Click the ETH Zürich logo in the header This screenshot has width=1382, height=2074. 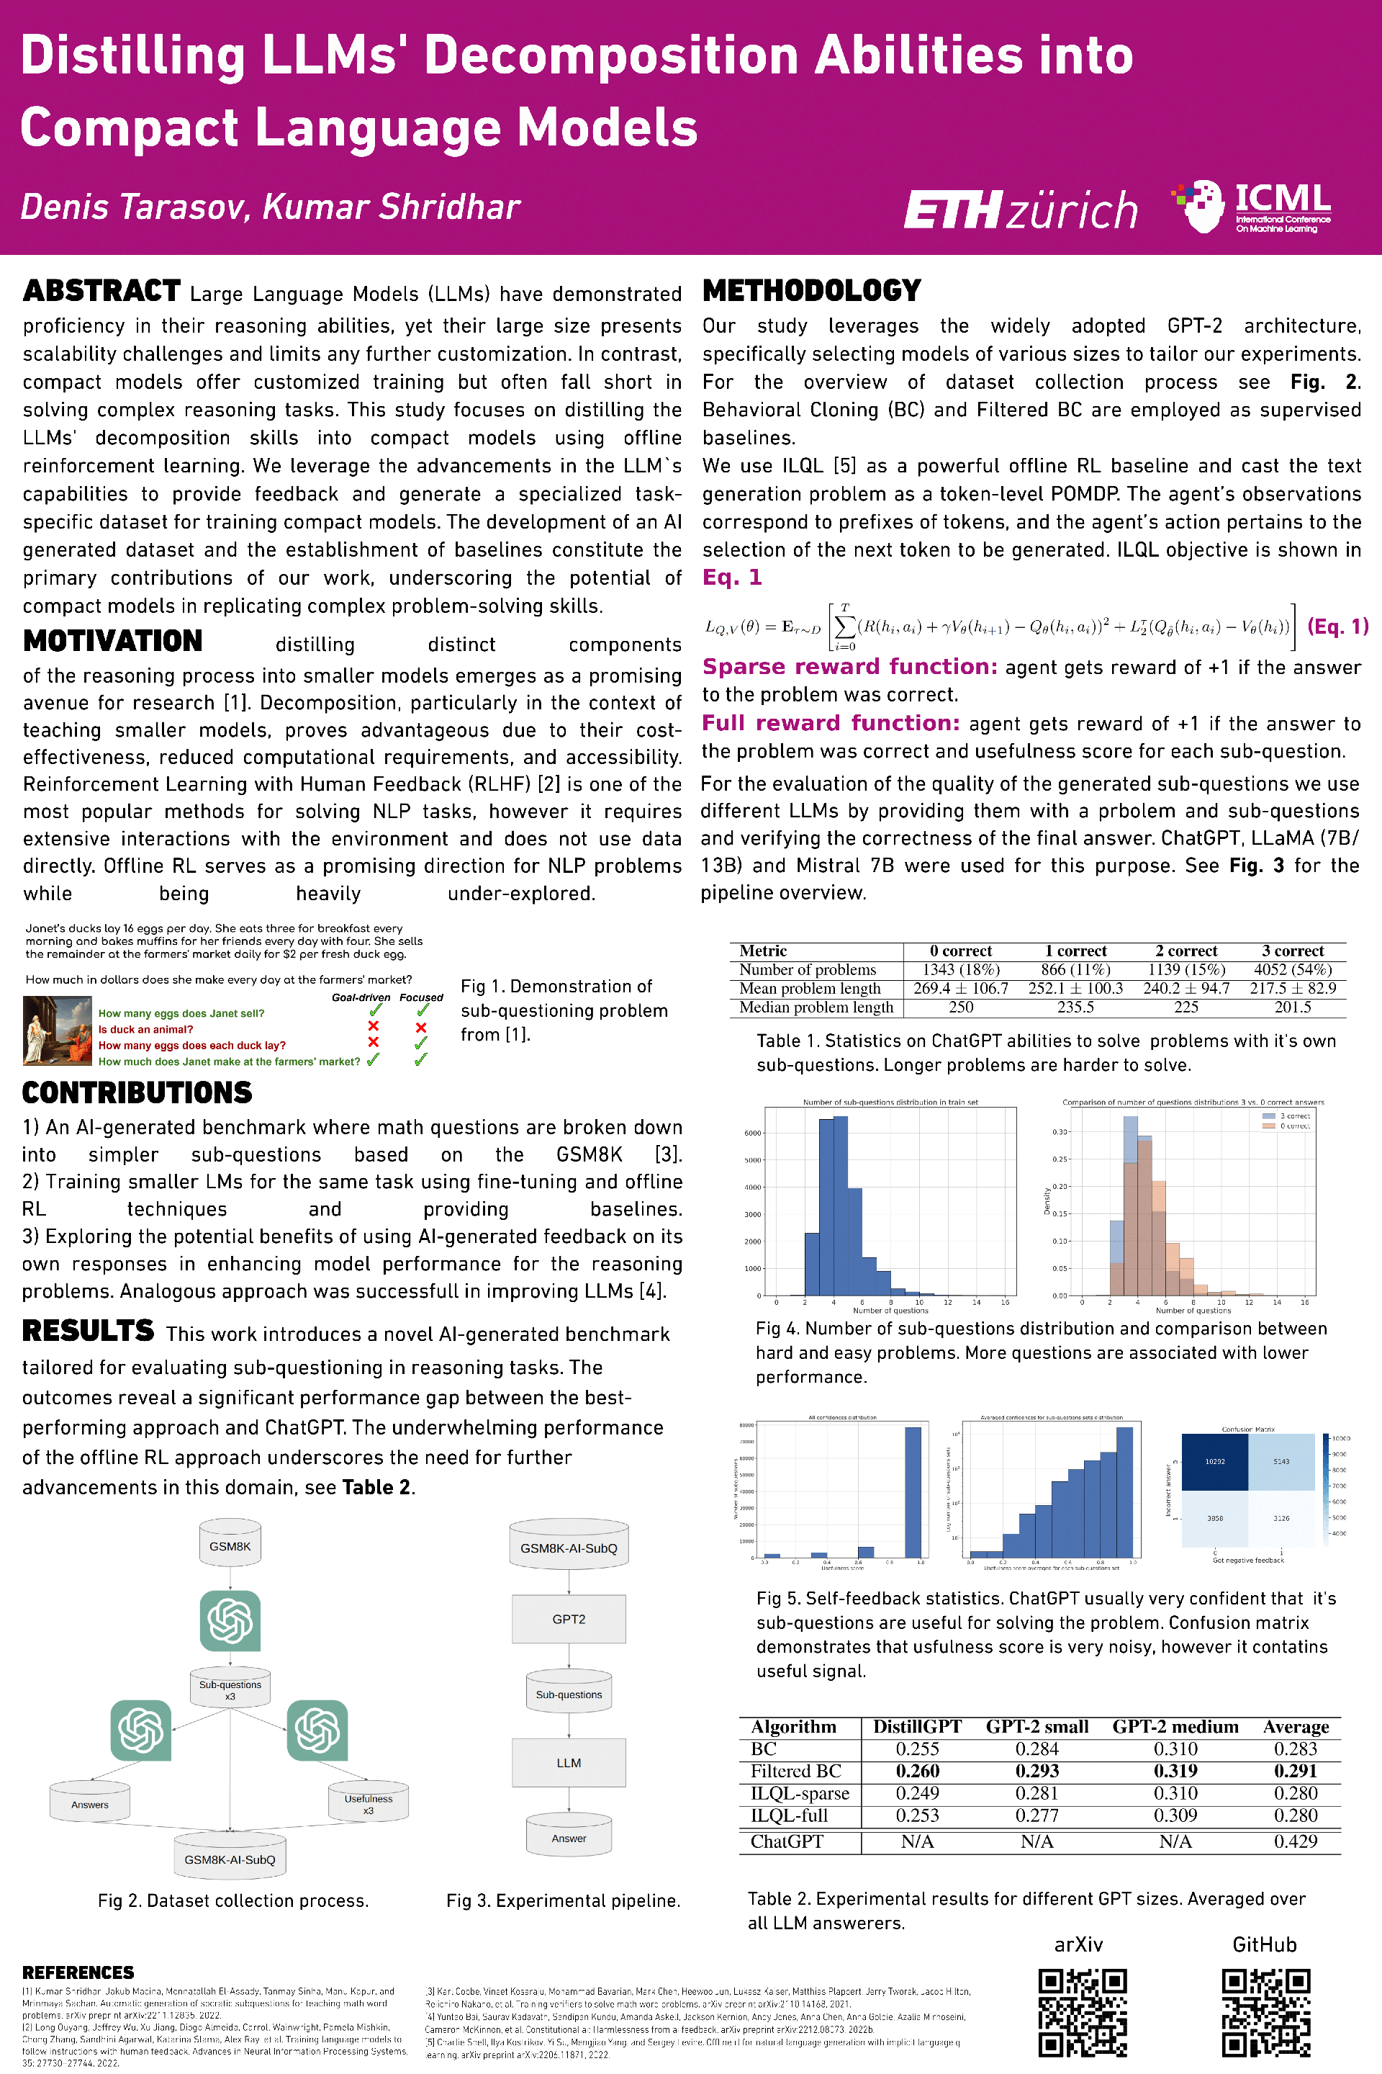coord(1020,209)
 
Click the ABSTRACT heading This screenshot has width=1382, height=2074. coord(101,291)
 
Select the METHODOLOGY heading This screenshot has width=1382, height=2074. coord(811,290)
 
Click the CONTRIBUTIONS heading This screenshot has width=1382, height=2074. coord(137,1092)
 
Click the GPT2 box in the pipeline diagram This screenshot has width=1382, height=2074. coord(569,1619)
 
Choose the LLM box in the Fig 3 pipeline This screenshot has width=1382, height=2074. coord(569,1763)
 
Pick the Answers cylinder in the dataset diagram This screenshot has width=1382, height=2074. coord(90,1803)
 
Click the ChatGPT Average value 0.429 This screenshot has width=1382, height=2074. coord(1295,1841)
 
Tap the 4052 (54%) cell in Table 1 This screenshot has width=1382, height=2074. coord(1292,969)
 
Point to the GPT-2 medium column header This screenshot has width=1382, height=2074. coord(1175,1727)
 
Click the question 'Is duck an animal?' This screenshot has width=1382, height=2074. coord(145,1029)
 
